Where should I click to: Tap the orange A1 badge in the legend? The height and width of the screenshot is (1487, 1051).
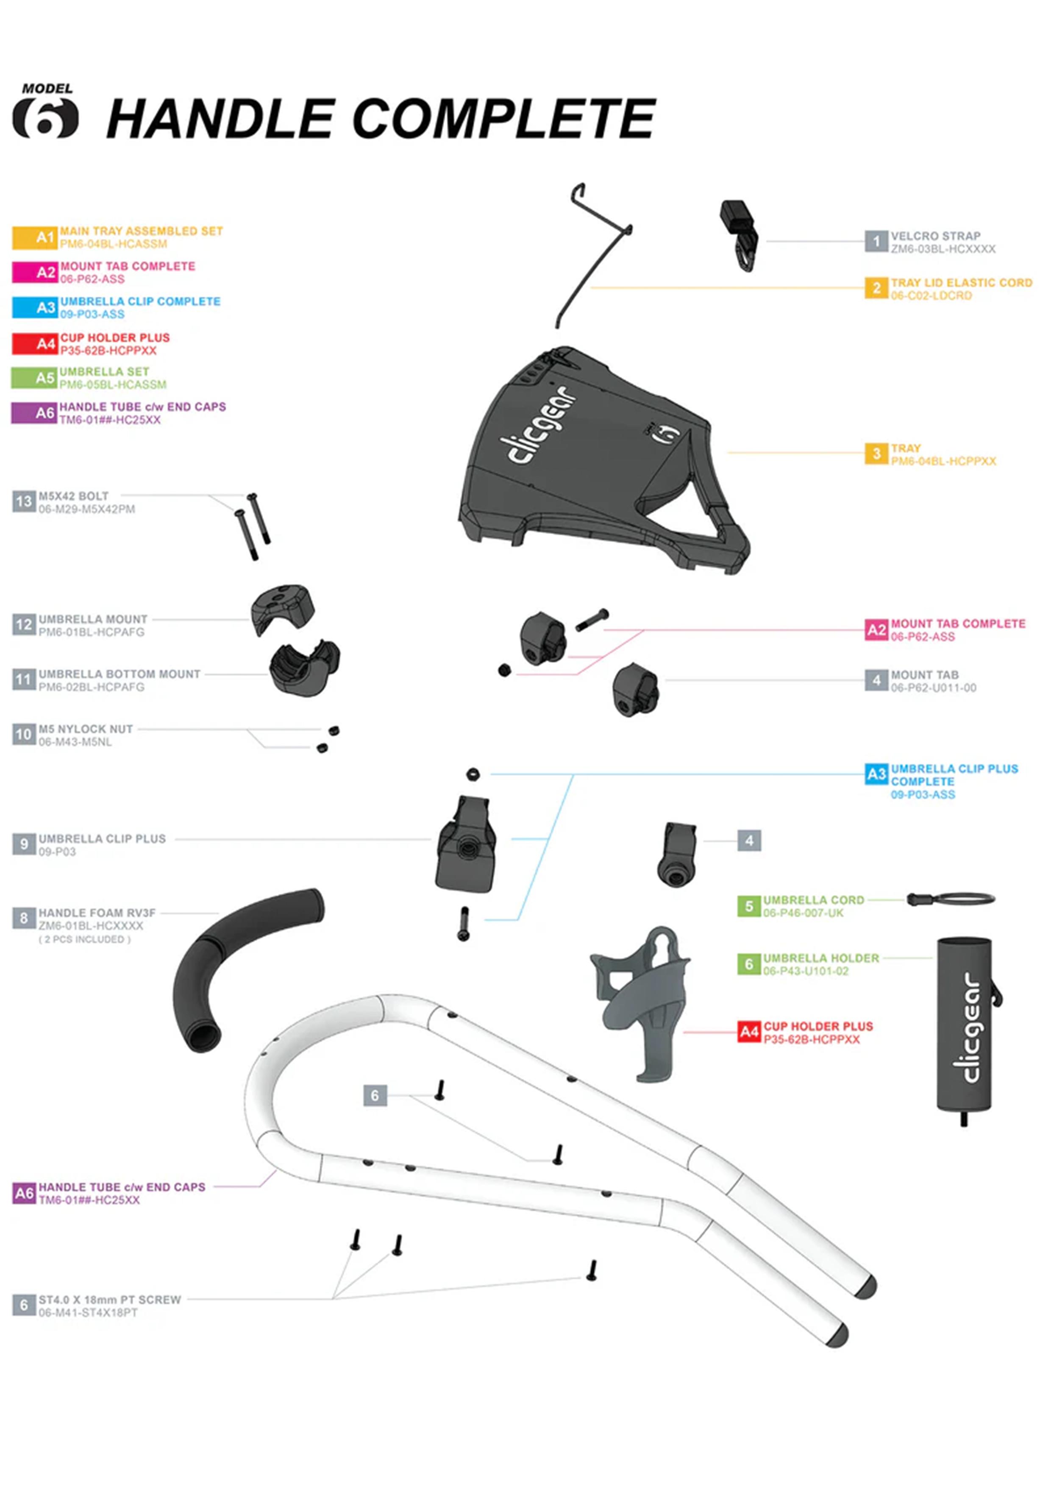point(36,237)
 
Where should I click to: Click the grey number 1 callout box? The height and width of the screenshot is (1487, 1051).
point(876,242)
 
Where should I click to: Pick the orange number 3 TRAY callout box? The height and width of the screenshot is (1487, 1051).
point(876,454)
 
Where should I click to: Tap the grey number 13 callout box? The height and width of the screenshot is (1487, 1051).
point(24,501)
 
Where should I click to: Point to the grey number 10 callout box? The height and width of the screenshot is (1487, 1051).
point(24,735)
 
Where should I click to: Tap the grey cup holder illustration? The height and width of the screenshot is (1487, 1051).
point(641,997)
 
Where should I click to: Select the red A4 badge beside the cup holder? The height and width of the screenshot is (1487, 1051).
point(748,1032)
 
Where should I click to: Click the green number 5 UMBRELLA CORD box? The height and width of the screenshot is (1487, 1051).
point(748,905)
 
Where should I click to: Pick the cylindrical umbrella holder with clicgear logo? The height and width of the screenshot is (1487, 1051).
point(964,1027)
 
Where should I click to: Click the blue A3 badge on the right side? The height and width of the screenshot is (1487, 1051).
point(876,774)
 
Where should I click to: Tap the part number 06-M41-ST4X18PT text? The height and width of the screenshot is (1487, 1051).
point(88,1313)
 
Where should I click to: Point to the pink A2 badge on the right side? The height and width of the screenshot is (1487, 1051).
point(876,629)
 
